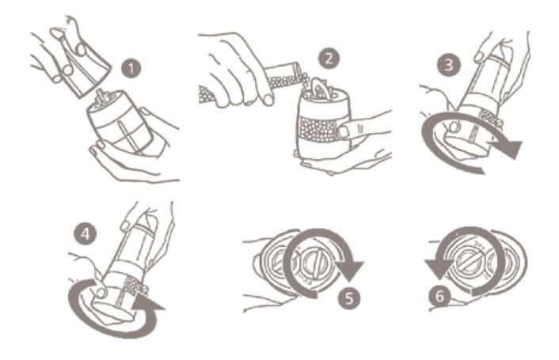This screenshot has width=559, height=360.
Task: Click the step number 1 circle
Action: [x=131, y=68]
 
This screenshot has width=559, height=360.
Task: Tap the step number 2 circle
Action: [x=329, y=59]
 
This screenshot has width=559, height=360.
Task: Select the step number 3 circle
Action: [x=448, y=65]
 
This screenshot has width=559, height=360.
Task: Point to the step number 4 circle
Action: [x=86, y=234]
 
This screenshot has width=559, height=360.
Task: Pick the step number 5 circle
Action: [x=349, y=297]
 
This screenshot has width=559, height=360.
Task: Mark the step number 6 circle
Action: [x=440, y=296]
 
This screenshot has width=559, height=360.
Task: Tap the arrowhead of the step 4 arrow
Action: [x=147, y=304]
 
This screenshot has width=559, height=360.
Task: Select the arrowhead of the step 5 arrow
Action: [x=349, y=271]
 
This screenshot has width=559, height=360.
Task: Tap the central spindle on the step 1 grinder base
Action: [x=101, y=96]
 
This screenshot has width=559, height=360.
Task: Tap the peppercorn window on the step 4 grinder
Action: [x=133, y=286]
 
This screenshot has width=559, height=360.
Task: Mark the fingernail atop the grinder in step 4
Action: [x=126, y=225]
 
